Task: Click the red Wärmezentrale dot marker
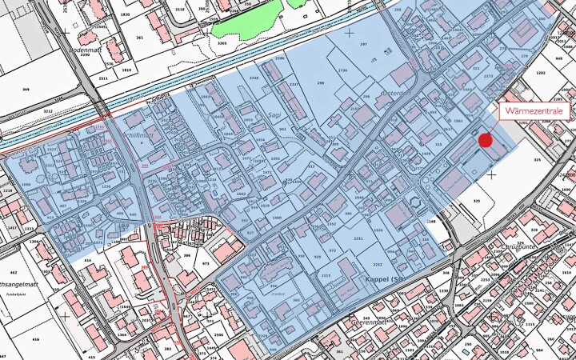(x=485, y=141)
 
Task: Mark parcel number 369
(x=26, y=90)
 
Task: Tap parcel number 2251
(x=358, y=238)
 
